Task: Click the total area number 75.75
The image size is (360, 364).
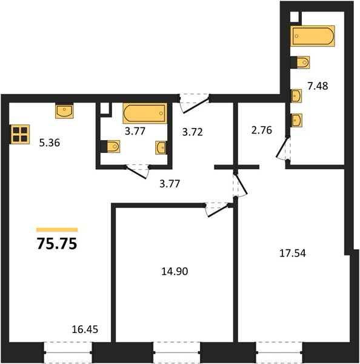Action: pos(57,244)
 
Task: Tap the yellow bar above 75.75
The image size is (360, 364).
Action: pos(57,230)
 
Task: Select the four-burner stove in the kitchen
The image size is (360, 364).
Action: pos(20,134)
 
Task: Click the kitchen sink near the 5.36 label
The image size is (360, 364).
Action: pos(64,111)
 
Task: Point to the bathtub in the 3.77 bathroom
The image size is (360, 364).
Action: pos(145,113)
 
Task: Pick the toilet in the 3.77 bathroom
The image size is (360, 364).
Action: pos(110,146)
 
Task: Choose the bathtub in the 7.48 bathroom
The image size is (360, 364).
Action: pos(313,36)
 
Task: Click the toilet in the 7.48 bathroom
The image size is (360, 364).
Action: pos(300,62)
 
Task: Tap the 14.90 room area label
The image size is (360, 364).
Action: pos(175,271)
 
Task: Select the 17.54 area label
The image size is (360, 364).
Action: pos(293,253)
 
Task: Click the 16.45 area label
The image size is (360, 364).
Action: pos(85,329)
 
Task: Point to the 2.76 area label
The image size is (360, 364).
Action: pos(262,130)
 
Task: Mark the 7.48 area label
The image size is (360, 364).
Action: pos(318,86)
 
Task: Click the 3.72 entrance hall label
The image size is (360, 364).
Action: pos(193,132)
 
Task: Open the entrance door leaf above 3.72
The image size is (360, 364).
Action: pos(196,106)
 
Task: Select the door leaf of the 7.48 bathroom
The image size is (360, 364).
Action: pos(282,147)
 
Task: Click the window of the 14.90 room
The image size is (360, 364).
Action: pos(177,352)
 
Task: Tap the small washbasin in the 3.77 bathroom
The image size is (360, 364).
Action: pos(161,147)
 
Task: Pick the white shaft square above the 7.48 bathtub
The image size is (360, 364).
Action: pos(295,17)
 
